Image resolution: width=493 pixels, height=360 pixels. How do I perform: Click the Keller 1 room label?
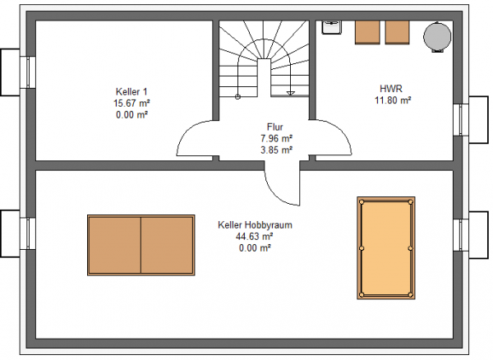click(131, 92)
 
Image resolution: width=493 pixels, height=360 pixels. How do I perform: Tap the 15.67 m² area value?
click(131, 103)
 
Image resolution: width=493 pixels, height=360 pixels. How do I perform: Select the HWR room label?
click(391, 88)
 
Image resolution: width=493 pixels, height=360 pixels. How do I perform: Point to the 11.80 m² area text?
click(393, 100)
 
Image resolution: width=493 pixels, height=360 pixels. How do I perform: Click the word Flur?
click(275, 127)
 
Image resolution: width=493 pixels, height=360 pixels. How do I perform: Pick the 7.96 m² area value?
click(276, 138)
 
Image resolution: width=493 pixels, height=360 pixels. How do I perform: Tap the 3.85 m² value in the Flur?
click(276, 150)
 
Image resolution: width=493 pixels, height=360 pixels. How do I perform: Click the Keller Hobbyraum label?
click(255, 225)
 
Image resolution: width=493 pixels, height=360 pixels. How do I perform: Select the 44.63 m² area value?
click(255, 236)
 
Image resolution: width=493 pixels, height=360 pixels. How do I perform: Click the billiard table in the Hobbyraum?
click(386, 248)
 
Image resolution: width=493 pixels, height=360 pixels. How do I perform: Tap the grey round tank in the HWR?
click(437, 36)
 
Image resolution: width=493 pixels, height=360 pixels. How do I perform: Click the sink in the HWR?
click(331, 27)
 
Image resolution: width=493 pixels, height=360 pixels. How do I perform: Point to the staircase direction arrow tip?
click(291, 95)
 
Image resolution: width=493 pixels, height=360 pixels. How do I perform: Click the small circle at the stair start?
click(238, 97)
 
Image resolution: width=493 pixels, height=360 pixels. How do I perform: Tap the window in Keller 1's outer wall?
click(28, 72)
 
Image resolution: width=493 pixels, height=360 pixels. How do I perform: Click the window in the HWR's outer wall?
click(461, 120)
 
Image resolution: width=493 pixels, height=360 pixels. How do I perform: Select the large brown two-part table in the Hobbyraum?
click(141, 245)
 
